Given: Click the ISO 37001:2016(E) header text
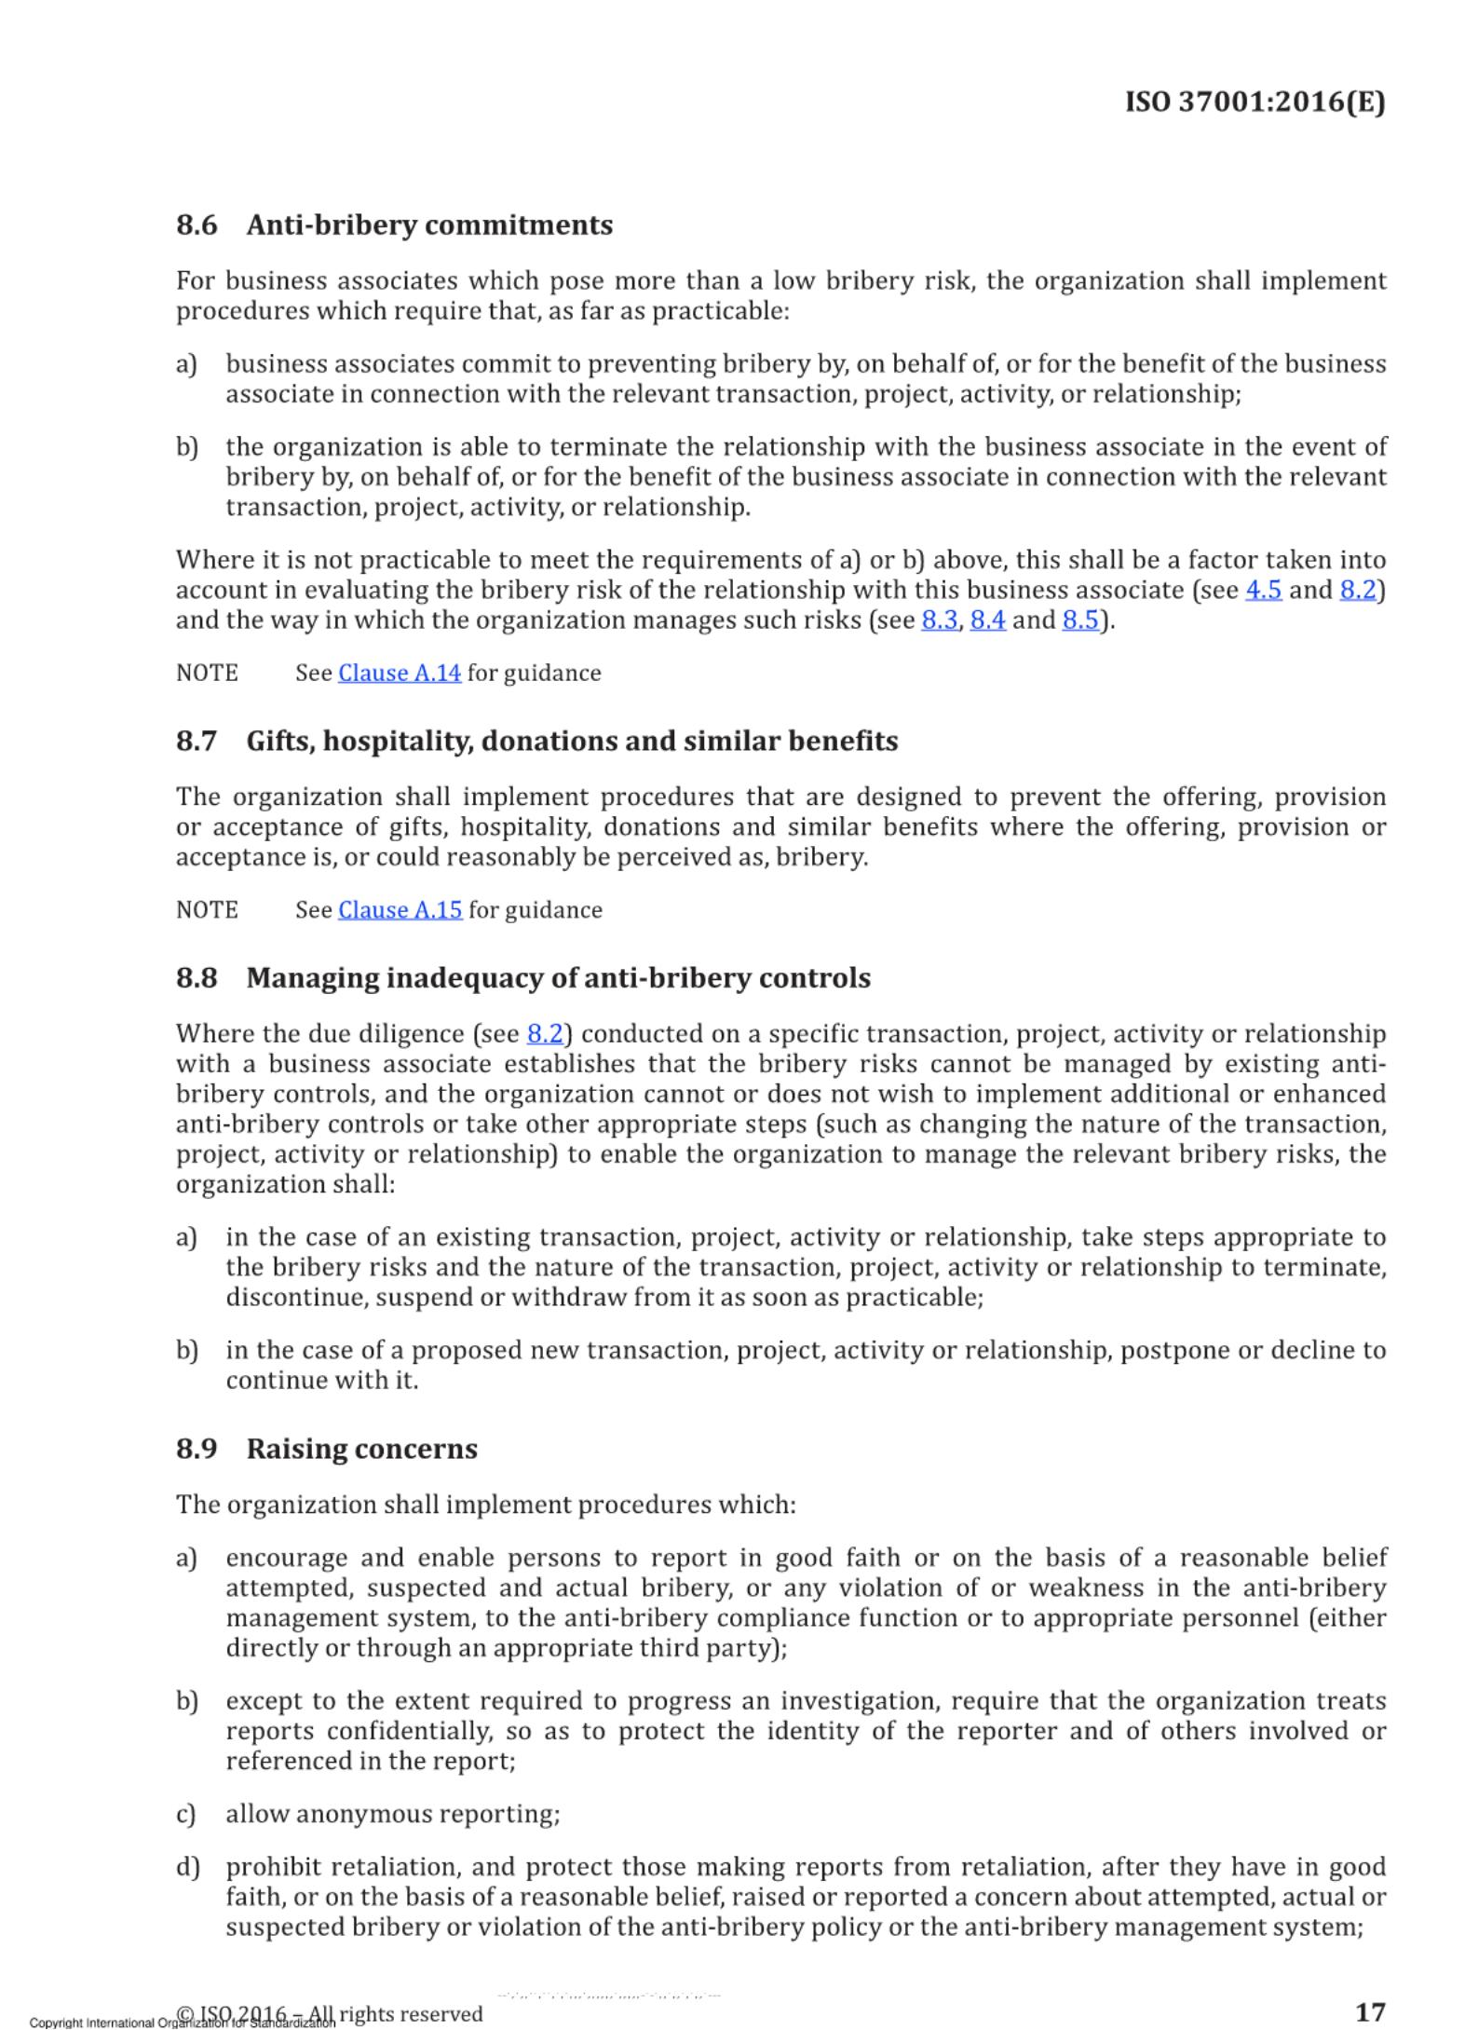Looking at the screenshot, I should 1254,102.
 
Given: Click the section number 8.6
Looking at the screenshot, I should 197,225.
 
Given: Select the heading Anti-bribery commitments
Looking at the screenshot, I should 429,225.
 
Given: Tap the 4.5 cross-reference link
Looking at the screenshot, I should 1263,591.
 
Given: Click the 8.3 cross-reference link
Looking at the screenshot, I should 939,620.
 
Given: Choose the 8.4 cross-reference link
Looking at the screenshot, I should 987,620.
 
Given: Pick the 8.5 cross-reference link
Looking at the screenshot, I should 1079,620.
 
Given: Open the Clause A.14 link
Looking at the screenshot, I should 399,674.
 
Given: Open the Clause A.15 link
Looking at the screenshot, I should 400,910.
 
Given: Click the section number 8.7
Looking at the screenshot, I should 197,742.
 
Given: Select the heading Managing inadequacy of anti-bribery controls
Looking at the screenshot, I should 559,978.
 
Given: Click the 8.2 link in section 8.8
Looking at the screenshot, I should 545,1034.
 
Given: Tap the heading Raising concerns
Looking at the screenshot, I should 361,1450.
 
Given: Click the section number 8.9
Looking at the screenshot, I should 197,1450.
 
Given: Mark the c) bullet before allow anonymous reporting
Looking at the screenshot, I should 186,1815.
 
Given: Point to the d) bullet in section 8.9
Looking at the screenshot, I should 187,1868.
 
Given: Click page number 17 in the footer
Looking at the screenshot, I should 1369,2010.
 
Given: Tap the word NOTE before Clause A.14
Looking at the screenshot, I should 207,674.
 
